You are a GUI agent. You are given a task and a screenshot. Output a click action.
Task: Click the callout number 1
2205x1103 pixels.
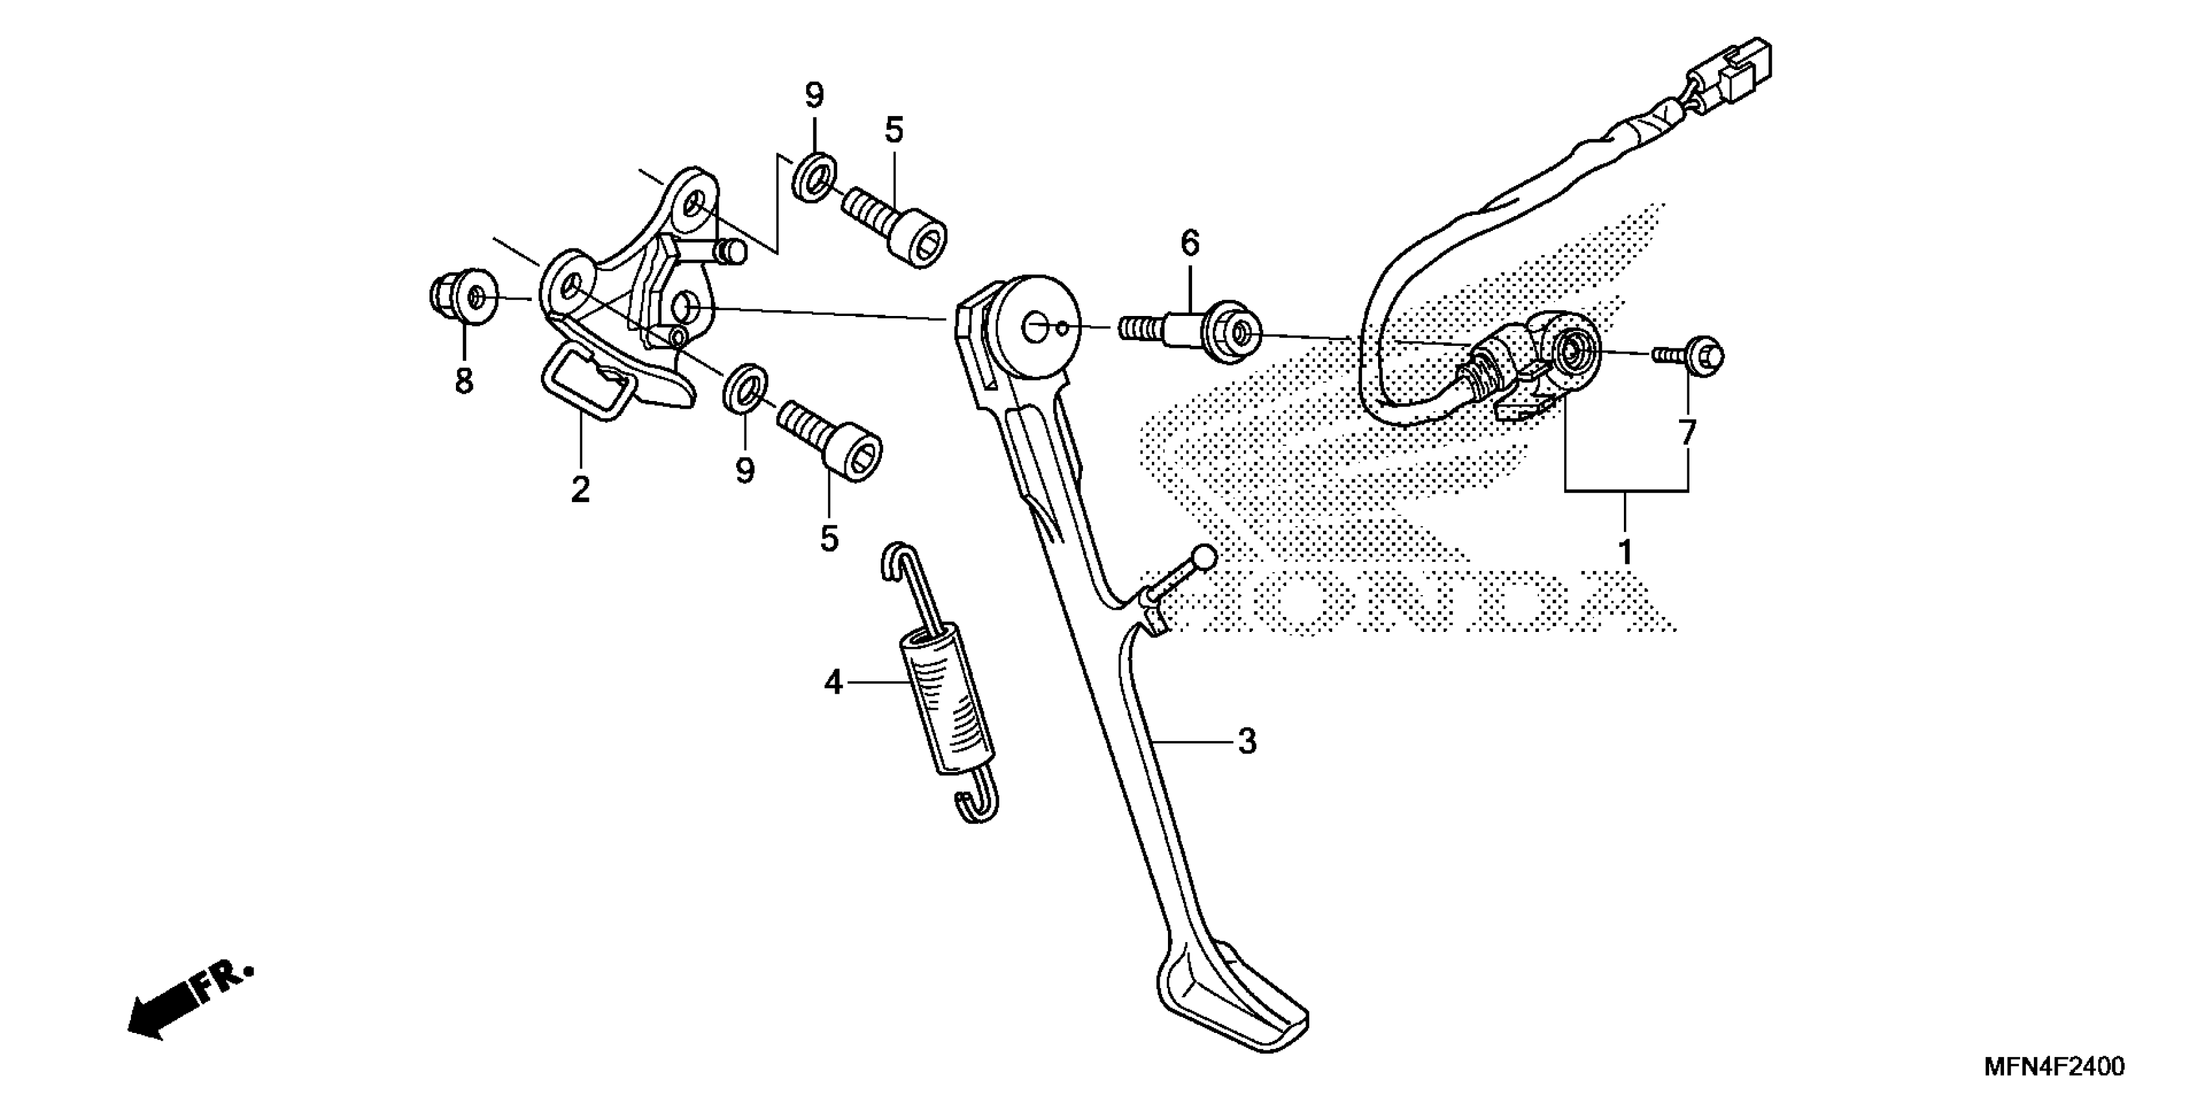pos(1625,552)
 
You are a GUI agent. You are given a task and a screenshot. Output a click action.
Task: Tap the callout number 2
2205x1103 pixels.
pos(580,490)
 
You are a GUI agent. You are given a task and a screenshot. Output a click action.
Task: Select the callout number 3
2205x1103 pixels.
pos(1247,742)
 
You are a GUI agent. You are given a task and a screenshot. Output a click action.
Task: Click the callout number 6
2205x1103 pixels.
pos(1190,244)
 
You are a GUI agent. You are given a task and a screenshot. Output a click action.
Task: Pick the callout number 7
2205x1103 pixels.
pos(1687,433)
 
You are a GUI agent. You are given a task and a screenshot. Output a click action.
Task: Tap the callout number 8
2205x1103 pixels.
pos(463,381)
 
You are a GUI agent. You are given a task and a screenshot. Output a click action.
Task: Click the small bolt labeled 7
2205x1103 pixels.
pos(1691,354)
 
